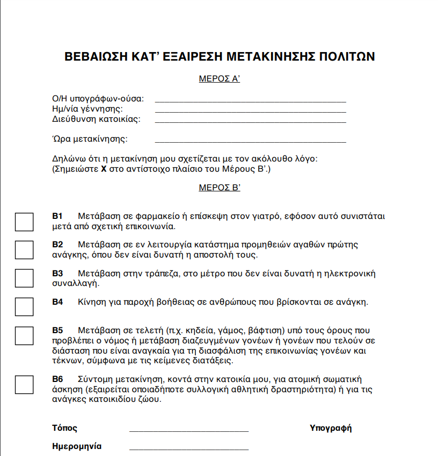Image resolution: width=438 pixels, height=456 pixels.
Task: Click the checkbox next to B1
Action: coord(24,222)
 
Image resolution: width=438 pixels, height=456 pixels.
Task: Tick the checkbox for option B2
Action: coord(24,250)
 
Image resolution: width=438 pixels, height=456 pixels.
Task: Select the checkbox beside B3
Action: coord(24,278)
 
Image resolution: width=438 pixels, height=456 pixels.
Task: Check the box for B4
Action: coord(24,306)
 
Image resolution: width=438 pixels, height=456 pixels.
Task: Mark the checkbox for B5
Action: coord(24,335)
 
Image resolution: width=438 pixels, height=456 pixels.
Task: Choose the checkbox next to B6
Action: coord(24,385)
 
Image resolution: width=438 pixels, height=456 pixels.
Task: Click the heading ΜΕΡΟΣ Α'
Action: coord(219,79)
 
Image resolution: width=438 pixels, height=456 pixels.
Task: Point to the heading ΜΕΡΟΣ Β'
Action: coord(219,188)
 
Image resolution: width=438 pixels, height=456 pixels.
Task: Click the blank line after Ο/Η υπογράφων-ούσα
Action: coord(250,100)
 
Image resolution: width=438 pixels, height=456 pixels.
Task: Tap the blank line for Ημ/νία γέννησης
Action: coord(250,111)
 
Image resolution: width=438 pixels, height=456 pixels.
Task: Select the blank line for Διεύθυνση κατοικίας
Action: coord(250,121)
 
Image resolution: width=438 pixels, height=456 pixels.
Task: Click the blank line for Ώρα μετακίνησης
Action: coord(250,141)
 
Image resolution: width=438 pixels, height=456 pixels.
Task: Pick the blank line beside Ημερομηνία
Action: coord(189,448)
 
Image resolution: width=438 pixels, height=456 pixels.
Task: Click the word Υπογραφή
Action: coord(331,428)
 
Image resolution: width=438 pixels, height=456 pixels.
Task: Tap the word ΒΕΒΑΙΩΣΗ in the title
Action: coord(95,57)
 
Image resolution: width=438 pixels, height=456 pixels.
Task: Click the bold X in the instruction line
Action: coord(104,170)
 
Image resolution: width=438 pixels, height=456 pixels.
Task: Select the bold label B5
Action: coord(57,330)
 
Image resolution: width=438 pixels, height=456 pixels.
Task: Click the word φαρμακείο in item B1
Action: coord(154,216)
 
